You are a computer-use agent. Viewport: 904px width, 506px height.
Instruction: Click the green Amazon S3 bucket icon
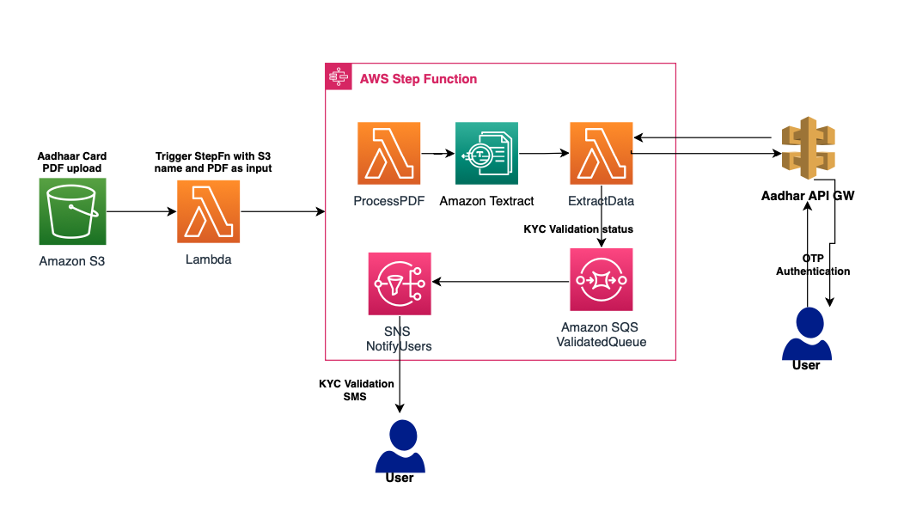point(72,211)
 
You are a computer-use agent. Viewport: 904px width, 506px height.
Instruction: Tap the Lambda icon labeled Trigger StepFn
point(209,211)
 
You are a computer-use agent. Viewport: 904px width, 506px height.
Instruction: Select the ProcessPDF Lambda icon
point(389,153)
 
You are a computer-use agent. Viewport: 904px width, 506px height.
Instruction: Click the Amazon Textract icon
point(486,153)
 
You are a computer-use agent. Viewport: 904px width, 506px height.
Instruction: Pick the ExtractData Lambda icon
point(601,153)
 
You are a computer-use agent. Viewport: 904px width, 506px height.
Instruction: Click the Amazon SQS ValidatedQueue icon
point(601,280)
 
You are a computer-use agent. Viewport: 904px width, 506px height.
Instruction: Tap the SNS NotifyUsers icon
point(400,283)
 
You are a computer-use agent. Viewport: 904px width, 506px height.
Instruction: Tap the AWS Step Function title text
point(418,79)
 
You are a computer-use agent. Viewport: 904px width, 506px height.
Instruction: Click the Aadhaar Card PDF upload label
point(72,162)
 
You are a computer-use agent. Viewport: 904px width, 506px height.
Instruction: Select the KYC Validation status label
point(577,229)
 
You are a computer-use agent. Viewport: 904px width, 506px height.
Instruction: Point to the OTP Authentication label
point(813,265)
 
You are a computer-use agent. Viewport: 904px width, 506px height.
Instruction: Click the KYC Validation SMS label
point(356,390)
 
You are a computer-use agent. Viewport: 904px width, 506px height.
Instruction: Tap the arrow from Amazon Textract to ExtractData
point(543,155)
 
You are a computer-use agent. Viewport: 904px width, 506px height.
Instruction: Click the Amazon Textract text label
point(486,201)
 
